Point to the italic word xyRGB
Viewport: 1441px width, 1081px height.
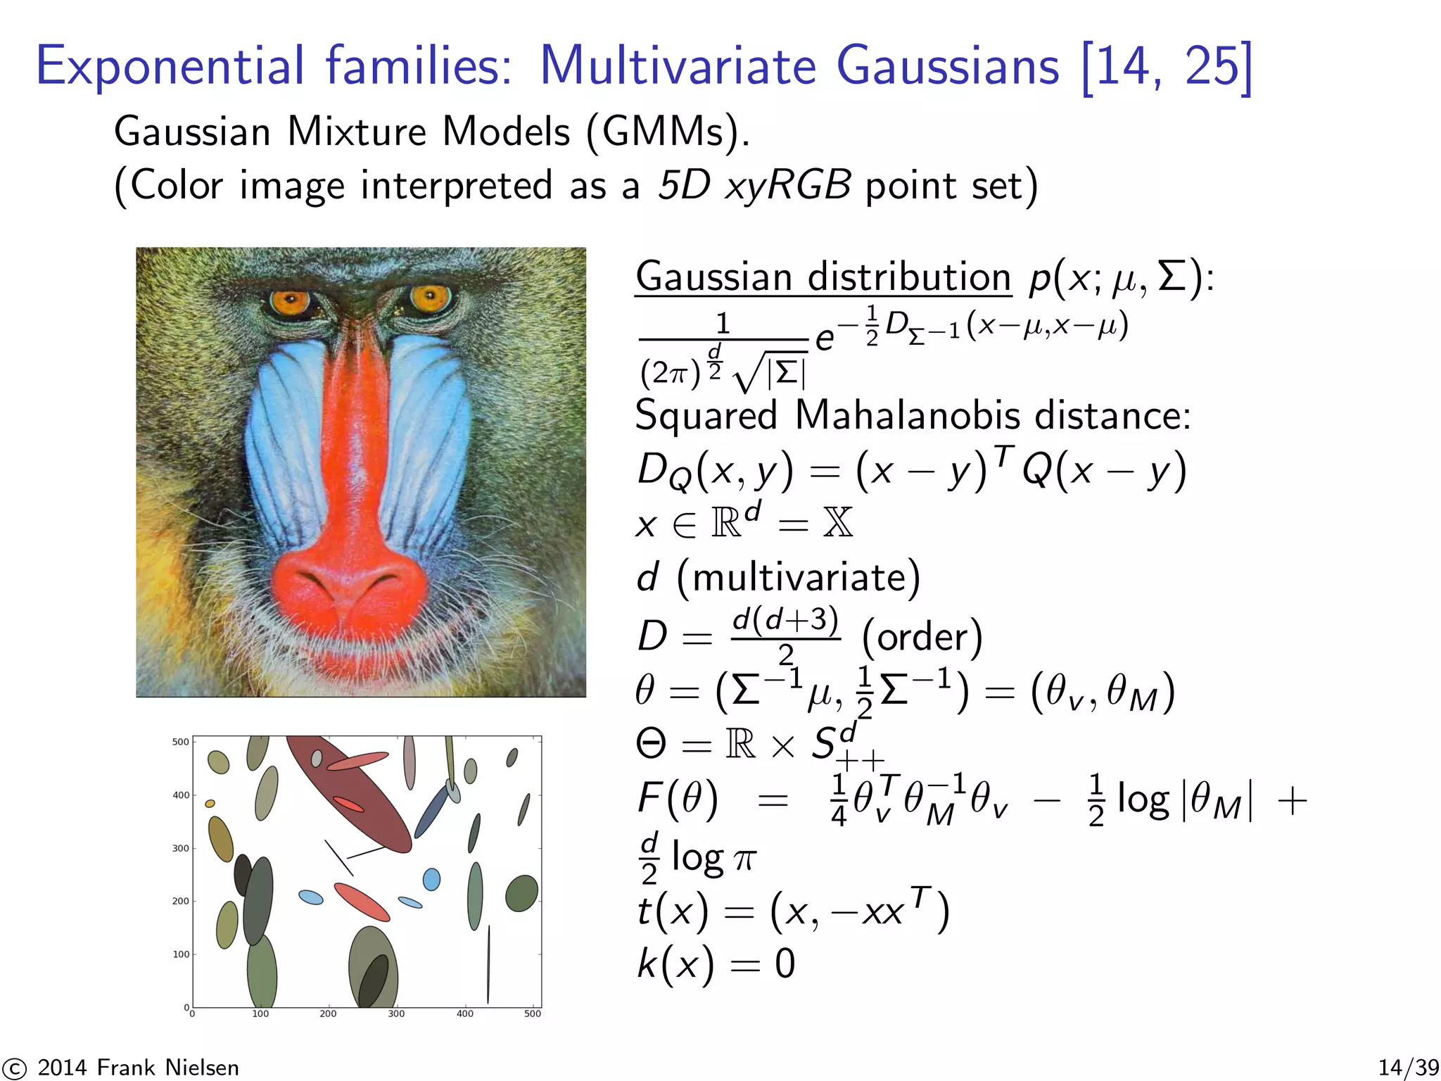point(788,186)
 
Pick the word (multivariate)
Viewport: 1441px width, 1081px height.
point(798,578)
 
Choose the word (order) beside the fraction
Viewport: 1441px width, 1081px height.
point(922,637)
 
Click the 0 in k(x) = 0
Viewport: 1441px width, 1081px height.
point(785,964)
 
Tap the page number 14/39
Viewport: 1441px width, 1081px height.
point(1408,1068)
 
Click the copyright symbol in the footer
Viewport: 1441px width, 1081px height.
point(14,1068)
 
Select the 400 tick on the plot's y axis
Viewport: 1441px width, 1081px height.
point(181,795)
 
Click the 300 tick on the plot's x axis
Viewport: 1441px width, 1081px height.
point(396,1014)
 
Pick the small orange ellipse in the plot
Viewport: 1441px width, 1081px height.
point(210,804)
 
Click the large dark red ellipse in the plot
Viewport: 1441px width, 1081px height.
point(352,795)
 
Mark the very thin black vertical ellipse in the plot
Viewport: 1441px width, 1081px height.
point(488,964)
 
